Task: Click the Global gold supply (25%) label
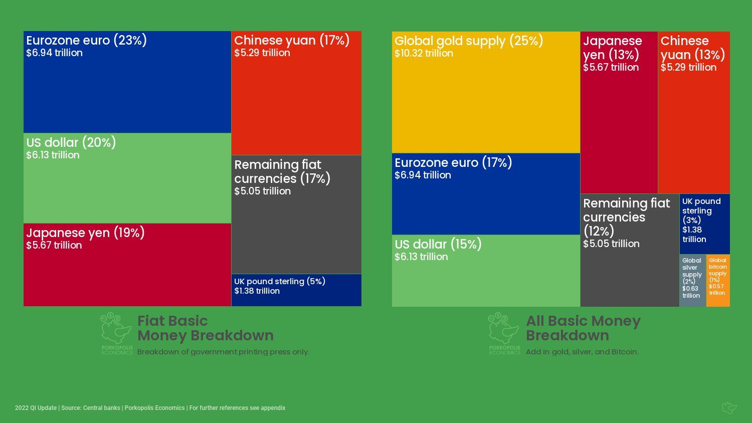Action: [469, 41]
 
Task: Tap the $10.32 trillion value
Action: [424, 54]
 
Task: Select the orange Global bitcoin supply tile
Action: [718, 280]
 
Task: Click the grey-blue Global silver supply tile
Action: [692, 280]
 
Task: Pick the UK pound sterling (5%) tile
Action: [296, 290]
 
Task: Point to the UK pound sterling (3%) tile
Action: [704, 224]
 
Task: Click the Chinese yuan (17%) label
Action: [292, 41]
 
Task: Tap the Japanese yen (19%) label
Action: [85, 233]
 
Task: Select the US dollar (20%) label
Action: [71, 143]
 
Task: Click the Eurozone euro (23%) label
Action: [86, 41]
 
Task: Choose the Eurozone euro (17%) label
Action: [453, 163]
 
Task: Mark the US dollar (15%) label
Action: [438, 245]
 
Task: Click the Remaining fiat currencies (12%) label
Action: [626, 217]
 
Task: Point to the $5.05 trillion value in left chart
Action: [262, 191]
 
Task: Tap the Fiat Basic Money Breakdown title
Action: [206, 328]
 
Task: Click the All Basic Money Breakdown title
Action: [583, 328]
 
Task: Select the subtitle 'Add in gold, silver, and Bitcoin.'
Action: [582, 352]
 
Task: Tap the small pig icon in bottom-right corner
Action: [729, 407]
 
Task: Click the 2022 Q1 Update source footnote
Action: [150, 408]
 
